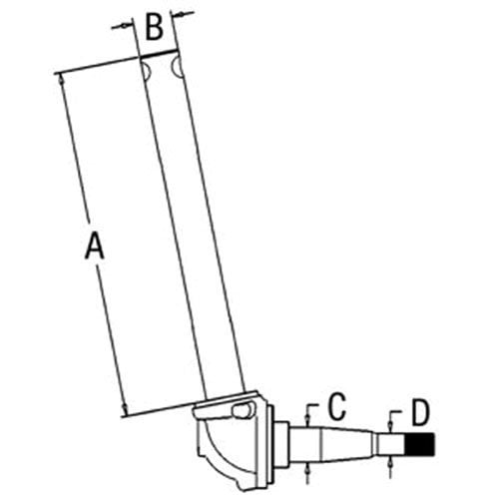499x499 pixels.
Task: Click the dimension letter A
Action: click(x=95, y=246)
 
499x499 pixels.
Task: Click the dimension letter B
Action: click(x=154, y=27)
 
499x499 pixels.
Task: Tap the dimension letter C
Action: click(x=336, y=406)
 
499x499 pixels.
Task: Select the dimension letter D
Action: click(x=421, y=412)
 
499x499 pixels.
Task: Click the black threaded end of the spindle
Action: click(x=420, y=444)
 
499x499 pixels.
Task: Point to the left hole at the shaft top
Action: click(x=146, y=69)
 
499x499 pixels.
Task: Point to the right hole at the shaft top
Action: click(x=177, y=67)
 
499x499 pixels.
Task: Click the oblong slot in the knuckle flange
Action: click(x=244, y=411)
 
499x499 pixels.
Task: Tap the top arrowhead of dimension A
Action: click(x=61, y=79)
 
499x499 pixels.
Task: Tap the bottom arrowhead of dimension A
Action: click(x=125, y=408)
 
